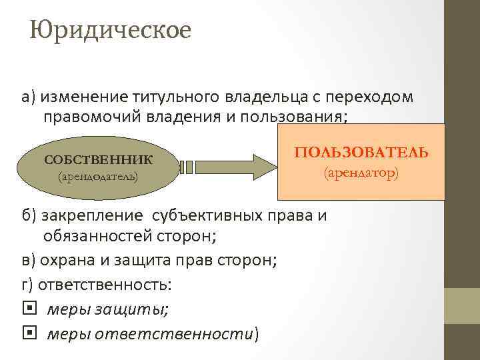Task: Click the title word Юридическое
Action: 110,30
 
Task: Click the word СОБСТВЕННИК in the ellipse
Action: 98,159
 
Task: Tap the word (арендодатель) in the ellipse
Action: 98,177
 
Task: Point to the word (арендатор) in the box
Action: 361,173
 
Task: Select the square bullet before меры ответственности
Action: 27,333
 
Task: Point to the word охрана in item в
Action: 67,260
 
